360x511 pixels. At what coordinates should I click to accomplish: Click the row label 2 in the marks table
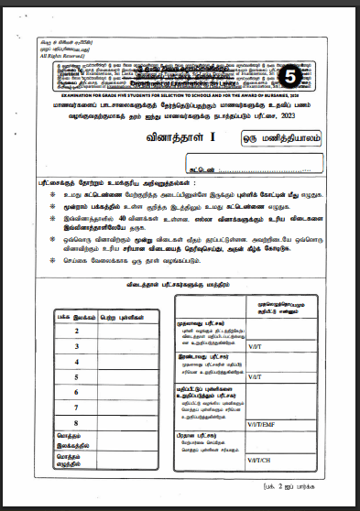(x=76, y=331)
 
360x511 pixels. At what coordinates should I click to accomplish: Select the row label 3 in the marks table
(x=76, y=346)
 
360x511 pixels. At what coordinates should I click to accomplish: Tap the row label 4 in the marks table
(x=76, y=362)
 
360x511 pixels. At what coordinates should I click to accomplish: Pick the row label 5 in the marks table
(x=76, y=377)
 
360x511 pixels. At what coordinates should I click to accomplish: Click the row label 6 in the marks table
(x=76, y=393)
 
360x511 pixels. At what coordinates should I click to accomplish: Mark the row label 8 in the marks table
(x=76, y=423)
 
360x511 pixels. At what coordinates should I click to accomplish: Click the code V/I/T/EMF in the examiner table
(x=261, y=426)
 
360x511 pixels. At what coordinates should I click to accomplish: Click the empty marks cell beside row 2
(x=129, y=331)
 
